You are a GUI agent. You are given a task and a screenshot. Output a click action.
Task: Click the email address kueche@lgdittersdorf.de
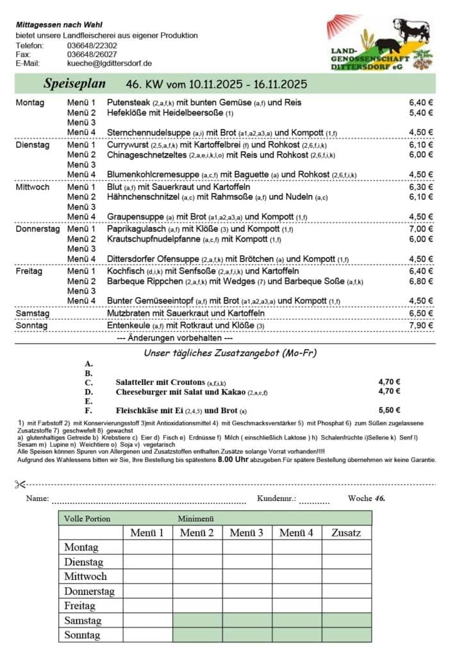109,64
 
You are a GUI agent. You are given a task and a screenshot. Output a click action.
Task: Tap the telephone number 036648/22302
92,46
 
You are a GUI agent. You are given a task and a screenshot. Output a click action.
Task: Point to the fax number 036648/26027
92,55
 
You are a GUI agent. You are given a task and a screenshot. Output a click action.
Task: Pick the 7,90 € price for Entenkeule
421,326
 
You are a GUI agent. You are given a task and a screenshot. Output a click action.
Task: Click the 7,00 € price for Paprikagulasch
421,229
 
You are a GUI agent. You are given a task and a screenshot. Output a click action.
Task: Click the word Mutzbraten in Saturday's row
129,313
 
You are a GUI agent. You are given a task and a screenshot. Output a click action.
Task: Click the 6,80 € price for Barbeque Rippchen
421,281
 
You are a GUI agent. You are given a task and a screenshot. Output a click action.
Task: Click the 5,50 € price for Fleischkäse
389,410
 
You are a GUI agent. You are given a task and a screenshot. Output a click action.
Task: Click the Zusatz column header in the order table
346,533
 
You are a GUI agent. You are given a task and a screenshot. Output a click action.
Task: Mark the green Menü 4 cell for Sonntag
296,635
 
